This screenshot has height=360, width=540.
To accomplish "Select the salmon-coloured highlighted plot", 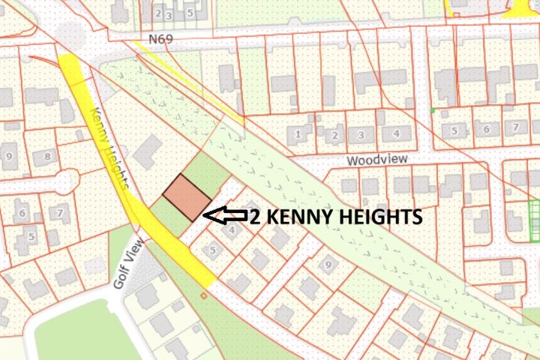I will [x=187, y=198].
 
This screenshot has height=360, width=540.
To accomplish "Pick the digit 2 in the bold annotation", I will [x=256, y=217].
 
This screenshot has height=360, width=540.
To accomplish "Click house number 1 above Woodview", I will [x=298, y=134].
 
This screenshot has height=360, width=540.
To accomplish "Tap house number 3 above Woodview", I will [x=361, y=134].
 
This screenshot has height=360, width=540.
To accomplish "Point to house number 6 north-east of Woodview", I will [x=486, y=130].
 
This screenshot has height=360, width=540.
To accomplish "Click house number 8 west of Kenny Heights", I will [x=47, y=156].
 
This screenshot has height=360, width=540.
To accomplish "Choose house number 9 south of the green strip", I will [x=326, y=264].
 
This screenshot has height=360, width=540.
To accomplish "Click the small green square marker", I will [x=433, y=112].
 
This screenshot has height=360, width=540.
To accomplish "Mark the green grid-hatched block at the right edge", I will [x=533, y=220].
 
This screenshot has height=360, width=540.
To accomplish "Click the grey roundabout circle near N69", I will [x=70, y=31].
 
